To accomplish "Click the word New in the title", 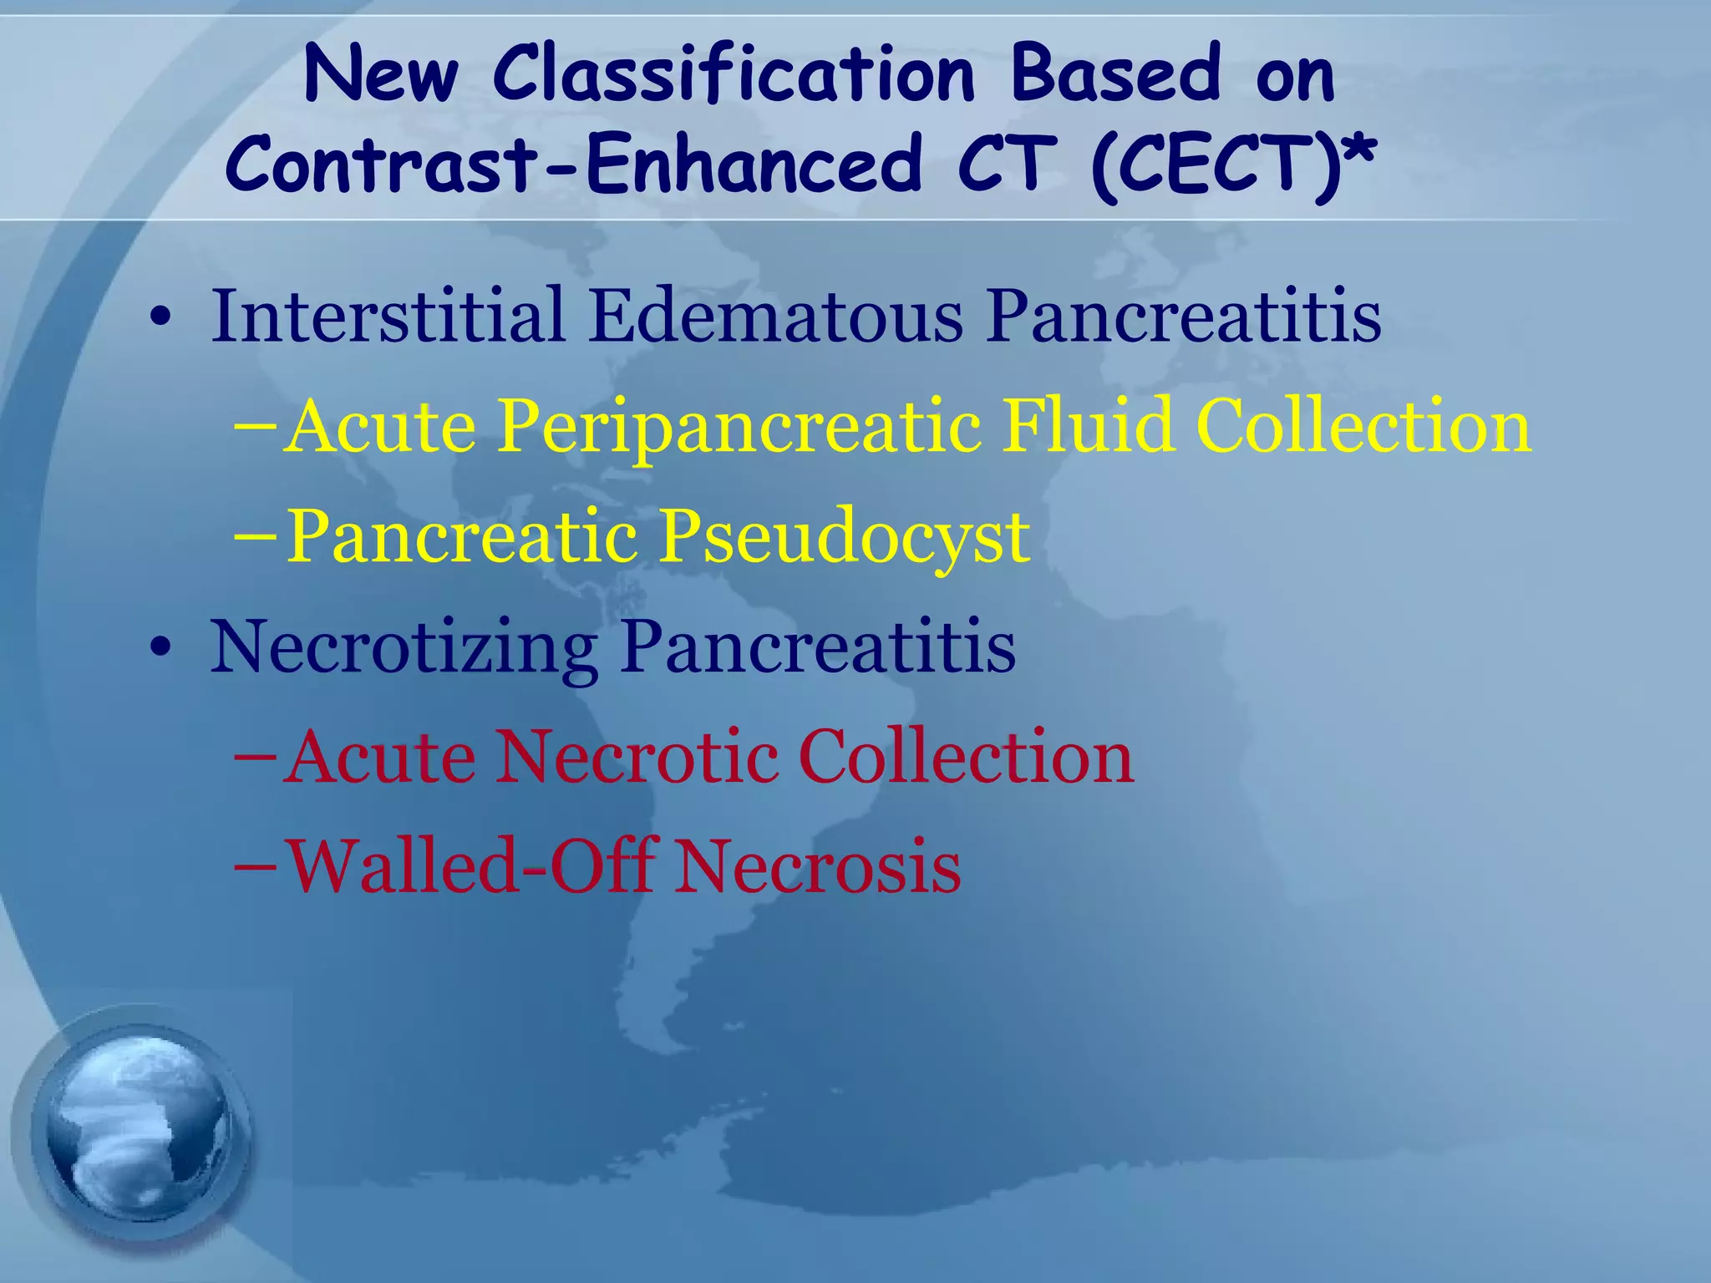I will [x=380, y=75].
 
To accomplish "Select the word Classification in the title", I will [x=734, y=75].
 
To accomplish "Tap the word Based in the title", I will [x=1116, y=75].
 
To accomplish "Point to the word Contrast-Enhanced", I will [x=573, y=165].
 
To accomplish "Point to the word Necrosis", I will [x=818, y=867].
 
